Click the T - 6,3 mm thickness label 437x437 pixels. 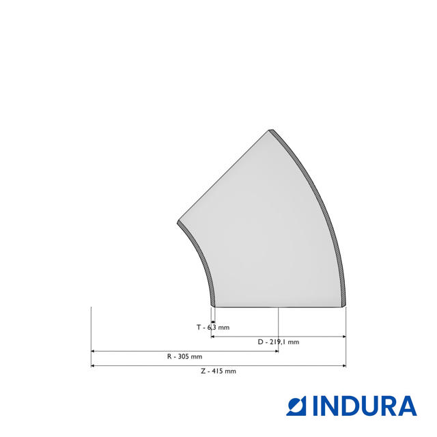(x=213, y=327)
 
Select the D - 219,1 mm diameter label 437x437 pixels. (x=278, y=341)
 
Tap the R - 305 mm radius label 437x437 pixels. (x=184, y=356)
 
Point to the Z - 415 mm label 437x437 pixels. (x=218, y=371)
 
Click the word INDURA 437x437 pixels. (x=365, y=406)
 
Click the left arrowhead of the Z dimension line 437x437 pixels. (x=93, y=366)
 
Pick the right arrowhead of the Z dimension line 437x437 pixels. (x=343, y=366)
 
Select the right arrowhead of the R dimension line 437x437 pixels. (x=276, y=351)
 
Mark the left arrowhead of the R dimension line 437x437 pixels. (x=93, y=351)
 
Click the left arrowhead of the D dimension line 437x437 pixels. (x=213, y=337)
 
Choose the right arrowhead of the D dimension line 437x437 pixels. (x=343, y=337)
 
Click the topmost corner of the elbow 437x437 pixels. (x=271, y=129)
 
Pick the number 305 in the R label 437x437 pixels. (x=184, y=356)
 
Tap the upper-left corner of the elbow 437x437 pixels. (x=178, y=223)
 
